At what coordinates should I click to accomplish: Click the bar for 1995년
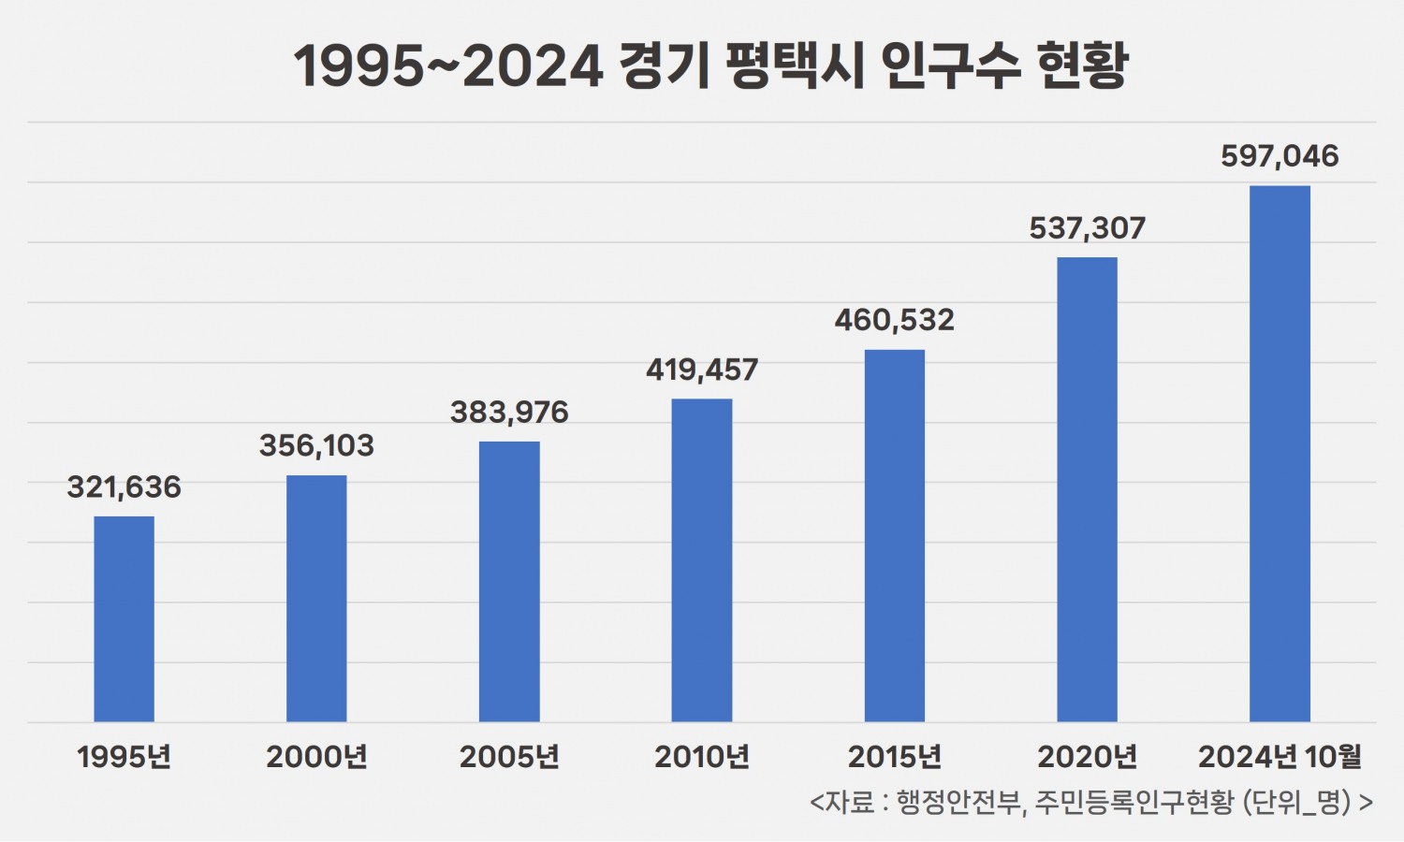click(124, 618)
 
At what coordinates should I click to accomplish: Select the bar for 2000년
click(316, 599)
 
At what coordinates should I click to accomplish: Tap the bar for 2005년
click(509, 581)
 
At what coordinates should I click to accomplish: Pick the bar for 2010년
click(702, 559)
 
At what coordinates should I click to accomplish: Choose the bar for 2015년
click(895, 535)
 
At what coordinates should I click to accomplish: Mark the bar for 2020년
click(1087, 489)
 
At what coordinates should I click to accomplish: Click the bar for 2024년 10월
click(1280, 454)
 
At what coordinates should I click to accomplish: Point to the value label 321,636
click(124, 487)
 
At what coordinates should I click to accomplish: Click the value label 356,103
click(316, 446)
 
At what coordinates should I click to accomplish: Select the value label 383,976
click(509, 413)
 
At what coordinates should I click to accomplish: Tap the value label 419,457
click(702, 370)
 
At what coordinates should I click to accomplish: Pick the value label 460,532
click(895, 321)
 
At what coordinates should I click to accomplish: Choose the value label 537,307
click(1087, 228)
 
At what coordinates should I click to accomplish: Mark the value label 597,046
click(1280, 156)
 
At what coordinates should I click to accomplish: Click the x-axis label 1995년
click(124, 757)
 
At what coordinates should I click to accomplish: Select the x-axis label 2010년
click(702, 757)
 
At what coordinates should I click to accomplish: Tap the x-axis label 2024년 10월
click(1280, 757)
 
